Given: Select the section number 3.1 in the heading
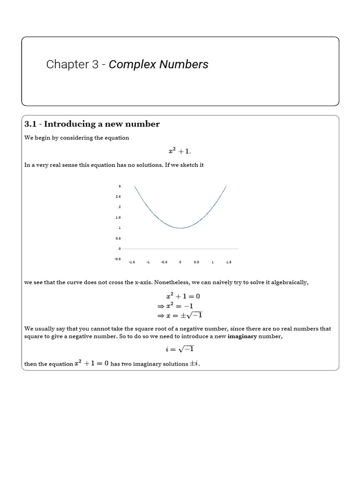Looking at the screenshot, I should click(x=31, y=124).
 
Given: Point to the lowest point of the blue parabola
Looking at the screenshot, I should click(x=180, y=228).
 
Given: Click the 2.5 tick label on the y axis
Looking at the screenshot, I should click(x=119, y=197).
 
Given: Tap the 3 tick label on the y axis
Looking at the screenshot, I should click(x=120, y=187).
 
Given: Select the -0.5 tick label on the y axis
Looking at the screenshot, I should click(x=118, y=259).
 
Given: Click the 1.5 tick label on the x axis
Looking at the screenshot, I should click(x=228, y=262).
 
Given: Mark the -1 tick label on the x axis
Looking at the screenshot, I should click(x=148, y=262).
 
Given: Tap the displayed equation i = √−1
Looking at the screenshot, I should click(x=180, y=349).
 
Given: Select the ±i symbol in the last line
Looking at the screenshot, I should click(x=193, y=364).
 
